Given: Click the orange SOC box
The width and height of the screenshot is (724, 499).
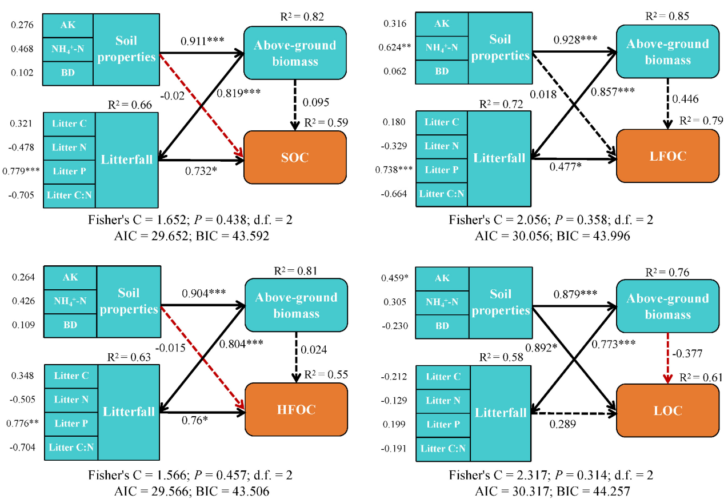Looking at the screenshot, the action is pos(295,157).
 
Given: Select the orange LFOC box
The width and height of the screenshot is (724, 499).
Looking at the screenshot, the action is pos(667,156).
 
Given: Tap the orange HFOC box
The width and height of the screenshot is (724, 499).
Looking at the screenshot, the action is pos(296,409).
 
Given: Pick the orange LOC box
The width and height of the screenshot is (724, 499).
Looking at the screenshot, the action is pos(667,410).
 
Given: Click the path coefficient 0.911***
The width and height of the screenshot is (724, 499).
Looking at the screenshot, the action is pos(202,41).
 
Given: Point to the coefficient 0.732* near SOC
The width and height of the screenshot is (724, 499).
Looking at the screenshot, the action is pos(201,171).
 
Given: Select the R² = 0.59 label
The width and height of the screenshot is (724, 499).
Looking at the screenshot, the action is pos(326,122).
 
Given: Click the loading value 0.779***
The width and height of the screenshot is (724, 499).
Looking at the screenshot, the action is pos(21,171).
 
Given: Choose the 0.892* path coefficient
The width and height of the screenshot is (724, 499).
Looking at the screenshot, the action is pos(541,348).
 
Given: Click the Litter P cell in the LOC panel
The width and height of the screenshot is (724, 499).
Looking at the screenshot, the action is pos(443,424).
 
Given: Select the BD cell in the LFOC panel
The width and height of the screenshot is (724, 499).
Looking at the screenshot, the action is pos(442,71).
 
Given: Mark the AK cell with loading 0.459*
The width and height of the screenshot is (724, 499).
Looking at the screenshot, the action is pos(442,278).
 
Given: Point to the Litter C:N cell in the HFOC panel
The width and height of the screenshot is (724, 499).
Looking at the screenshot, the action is pos(71,448).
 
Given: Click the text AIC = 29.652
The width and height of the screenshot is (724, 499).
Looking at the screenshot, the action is pos(151,235).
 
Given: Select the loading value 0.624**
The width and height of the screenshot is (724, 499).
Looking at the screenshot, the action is pos(395,47).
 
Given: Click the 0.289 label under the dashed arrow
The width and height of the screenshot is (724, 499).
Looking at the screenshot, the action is pos(562,424).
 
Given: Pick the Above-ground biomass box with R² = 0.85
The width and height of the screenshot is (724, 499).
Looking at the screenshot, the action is pos(667,51).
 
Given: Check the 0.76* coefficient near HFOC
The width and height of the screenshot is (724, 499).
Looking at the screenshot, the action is pos(195,420).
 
